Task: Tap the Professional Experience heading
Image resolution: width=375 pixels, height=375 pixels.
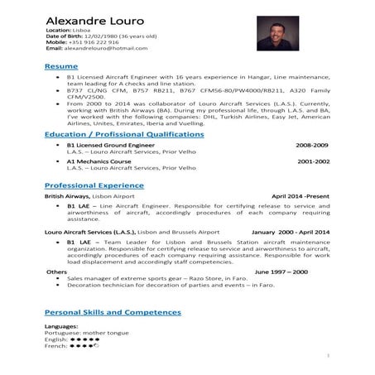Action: (94, 185)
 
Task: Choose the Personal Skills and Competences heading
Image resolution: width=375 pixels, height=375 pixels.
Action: (113, 312)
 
